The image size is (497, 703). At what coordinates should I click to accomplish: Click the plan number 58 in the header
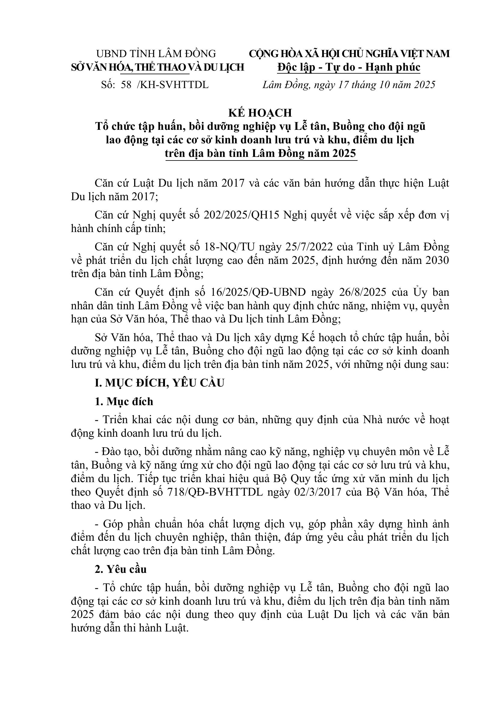pos(126,85)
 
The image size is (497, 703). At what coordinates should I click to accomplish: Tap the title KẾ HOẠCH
pos(260,113)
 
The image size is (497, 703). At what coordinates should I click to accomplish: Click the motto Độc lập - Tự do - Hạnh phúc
pos(349,67)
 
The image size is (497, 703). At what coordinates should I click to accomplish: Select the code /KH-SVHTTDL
pos(173,85)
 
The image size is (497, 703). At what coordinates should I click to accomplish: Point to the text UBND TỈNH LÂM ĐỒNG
pos(156,54)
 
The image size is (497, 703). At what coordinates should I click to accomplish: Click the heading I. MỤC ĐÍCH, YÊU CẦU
pos(160,383)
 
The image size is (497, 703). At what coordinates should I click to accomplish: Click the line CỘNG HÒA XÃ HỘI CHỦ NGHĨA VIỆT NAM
pos(349,54)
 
